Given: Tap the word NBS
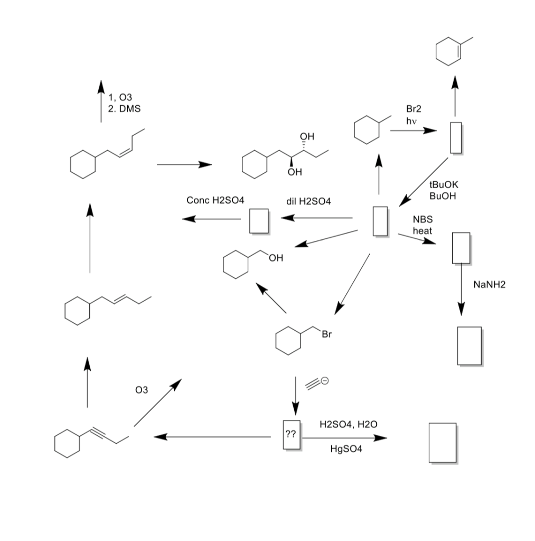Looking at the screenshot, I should click(422, 220).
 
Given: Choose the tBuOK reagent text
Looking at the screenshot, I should click(445, 185).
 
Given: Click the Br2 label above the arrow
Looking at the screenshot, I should click(414, 109).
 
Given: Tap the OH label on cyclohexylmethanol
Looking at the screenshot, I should click(276, 258).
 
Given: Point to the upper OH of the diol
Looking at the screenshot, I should click(306, 137).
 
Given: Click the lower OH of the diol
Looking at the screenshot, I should click(295, 172).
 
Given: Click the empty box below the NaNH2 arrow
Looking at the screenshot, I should click(469, 346).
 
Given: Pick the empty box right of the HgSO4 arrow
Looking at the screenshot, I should click(442, 443).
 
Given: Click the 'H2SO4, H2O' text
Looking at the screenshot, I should click(349, 424).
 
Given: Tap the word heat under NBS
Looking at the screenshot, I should click(422, 231).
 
